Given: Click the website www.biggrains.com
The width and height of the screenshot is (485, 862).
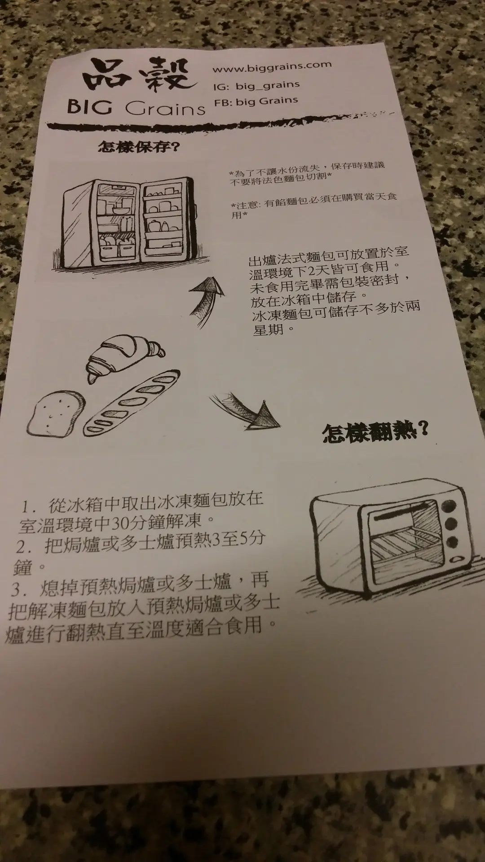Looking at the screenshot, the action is (x=272, y=67).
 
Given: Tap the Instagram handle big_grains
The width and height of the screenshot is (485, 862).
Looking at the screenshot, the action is (x=268, y=84).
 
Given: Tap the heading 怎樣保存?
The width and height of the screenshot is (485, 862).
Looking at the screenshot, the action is (x=137, y=146).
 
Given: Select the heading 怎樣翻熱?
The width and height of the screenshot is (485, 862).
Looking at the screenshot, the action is (x=375, y=432).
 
